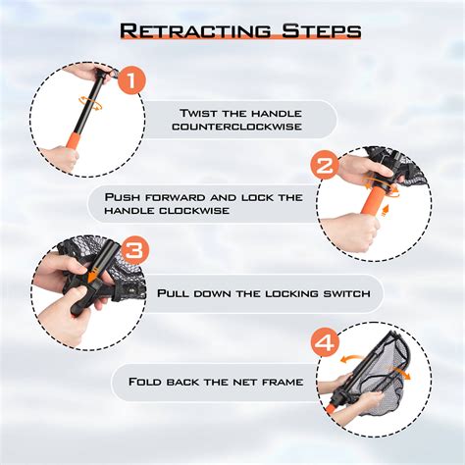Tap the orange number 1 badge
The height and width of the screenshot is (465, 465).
pyautogui.click(x=132, y=81)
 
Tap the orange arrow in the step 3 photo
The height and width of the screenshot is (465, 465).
pyautogui.click(x=90, y=278)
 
